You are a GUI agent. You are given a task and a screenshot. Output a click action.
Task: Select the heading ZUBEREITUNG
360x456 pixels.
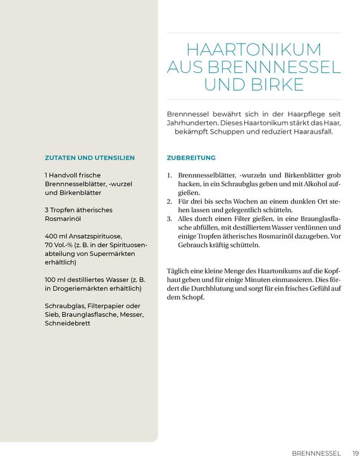click(x=191, y=158)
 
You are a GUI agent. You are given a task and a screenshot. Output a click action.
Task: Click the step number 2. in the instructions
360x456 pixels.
click(x=170, y=201)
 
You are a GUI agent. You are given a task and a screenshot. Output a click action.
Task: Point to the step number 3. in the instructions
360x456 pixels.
click(x=170, y=218)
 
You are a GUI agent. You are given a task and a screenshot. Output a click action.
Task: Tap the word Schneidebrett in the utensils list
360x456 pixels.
click(x=68, y=323)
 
